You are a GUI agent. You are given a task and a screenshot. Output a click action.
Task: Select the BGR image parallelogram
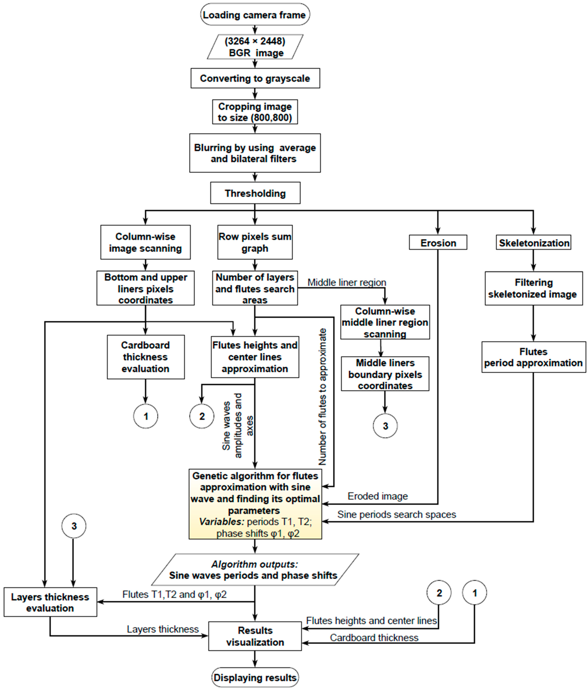(255, 47)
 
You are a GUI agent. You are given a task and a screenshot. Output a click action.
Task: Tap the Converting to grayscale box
(255, 78)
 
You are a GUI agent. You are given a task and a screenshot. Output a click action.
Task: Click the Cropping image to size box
(255, 112)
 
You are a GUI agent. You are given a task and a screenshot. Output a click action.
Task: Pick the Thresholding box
(255, 193)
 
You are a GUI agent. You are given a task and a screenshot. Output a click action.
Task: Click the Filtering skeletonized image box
(533, 288)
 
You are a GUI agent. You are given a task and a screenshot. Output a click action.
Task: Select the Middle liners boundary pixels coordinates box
(385, 374)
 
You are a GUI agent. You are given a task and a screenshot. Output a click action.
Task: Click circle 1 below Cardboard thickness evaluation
(146, 416)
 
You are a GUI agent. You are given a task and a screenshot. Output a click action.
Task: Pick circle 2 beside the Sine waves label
(202, 416)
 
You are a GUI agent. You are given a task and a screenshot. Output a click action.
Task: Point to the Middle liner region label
(347, 282)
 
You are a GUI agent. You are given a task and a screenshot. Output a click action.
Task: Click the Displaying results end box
(255, 677)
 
